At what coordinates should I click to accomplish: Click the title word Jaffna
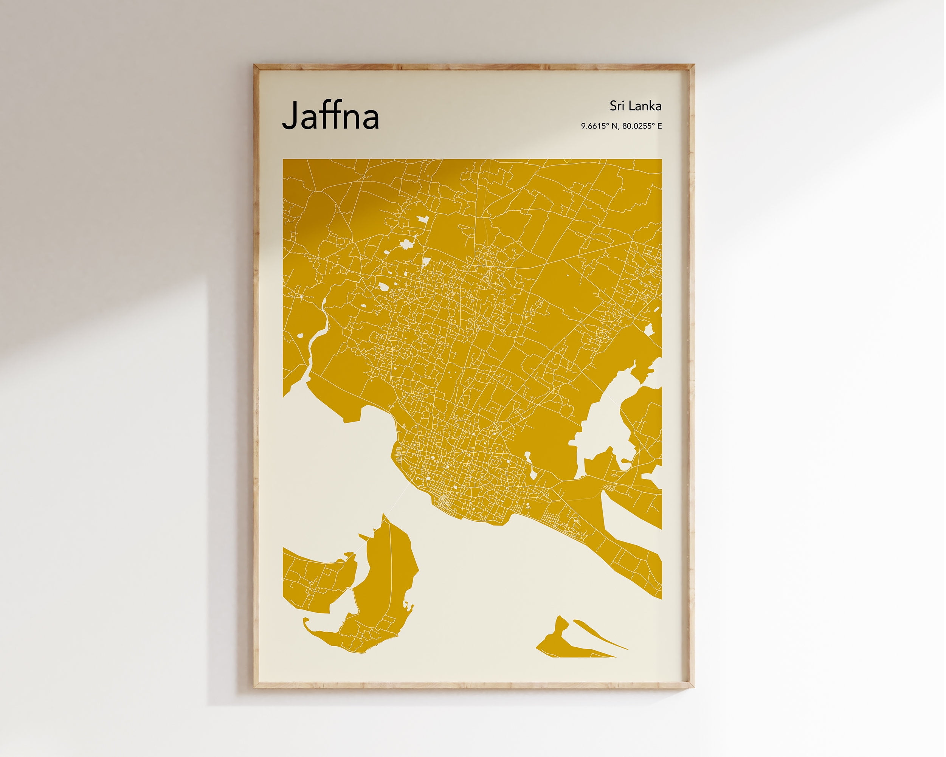click(331, 116)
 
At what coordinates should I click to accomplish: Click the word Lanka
click(645, 106)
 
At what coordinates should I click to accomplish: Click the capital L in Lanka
click(630, 106)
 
